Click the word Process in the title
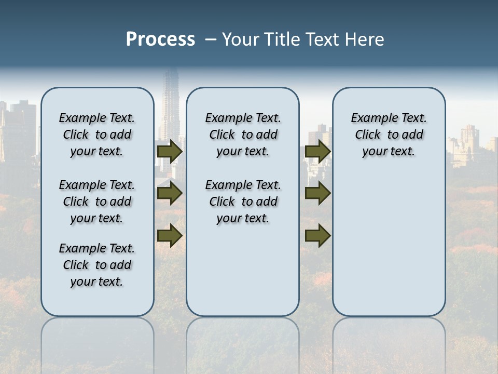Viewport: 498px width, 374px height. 160,39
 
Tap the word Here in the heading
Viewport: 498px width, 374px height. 364,39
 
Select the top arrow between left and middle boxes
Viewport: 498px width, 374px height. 170,151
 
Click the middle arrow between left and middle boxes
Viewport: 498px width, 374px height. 170,194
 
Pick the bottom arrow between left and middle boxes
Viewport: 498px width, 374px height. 170,236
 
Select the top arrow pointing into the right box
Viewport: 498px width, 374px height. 317,151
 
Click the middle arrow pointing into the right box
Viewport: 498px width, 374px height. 317,194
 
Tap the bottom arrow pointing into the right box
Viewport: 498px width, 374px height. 317,236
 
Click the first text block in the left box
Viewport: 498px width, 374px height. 97,135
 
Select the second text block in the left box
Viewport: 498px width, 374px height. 97,202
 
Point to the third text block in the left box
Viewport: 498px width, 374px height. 97,265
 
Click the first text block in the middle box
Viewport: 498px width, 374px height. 243,135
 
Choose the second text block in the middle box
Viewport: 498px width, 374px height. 243,202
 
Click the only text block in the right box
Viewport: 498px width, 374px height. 389,135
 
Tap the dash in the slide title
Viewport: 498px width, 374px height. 211,39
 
